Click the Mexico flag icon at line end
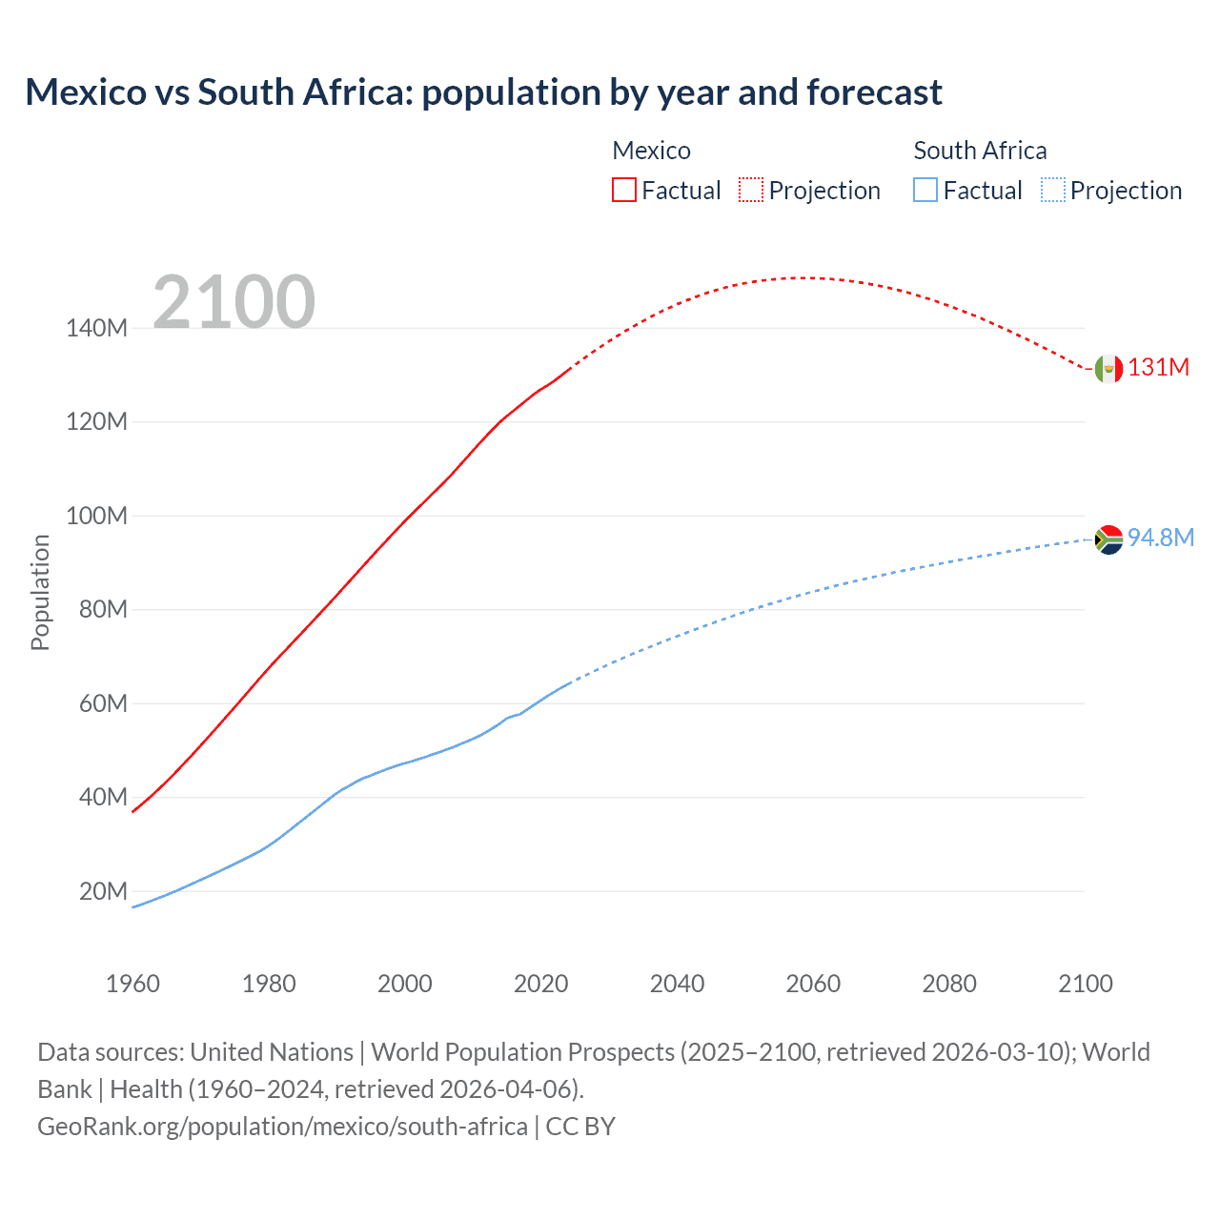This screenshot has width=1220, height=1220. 1108,368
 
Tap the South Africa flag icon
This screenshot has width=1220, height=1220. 1108,539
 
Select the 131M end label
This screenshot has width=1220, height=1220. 1159,368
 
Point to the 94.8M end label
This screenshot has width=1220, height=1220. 1161,538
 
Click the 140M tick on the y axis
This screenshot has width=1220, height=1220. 96,328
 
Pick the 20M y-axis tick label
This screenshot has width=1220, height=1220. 103,891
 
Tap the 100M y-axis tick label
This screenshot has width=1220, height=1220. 96,516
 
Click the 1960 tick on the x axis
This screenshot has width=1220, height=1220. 132,984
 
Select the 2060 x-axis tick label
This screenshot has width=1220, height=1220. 813,984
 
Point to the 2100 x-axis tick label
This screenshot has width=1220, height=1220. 1085,984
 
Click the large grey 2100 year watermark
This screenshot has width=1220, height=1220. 234,302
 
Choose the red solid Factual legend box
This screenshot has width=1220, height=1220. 624,191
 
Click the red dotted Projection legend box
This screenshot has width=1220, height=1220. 751,191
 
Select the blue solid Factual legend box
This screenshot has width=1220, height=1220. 925,191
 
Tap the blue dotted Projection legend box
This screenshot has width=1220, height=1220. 1053,191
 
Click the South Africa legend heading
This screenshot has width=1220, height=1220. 980,151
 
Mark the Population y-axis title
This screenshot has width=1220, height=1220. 40,592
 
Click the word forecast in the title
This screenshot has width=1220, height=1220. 874,92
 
